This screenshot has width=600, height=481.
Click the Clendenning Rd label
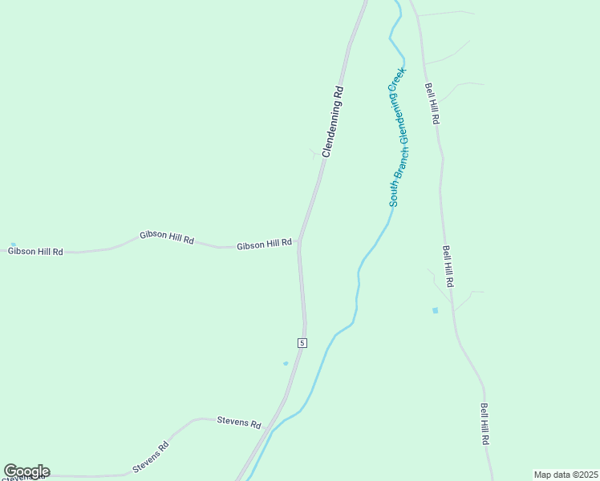[x=332, y=122]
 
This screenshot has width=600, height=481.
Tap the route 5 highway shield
[x=302, y=342]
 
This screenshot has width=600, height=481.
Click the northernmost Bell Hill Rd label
[x=432, y=103]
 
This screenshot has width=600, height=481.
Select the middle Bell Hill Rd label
[x=448, y=267]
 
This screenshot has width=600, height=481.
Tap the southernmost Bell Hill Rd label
[x=484, y=424]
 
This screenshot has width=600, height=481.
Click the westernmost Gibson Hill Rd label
[x=35, y=251]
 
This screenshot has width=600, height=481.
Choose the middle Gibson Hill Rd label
[x=167, y=237]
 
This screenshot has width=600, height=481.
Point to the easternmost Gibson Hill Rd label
[x=264, y=244]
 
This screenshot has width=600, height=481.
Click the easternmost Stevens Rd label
[x=239, y=422]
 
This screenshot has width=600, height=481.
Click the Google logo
[x=26, y=471]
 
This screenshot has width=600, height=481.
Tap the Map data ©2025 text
[x=566, y=475]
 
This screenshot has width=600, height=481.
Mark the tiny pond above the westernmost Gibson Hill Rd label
[x=13, y=245]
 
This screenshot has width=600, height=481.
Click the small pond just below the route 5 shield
[x=286, y=363]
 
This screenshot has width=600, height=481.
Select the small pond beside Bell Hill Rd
[x=436, y=310]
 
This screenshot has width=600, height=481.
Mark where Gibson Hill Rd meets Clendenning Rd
[x=299, y=240]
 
